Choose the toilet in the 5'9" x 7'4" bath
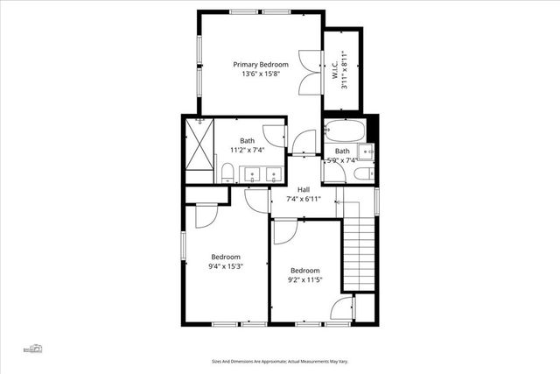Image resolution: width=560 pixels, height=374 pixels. coord(361,174)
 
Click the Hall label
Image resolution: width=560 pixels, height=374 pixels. coord(304,189)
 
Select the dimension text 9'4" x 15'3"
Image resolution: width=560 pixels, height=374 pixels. coord(225,266)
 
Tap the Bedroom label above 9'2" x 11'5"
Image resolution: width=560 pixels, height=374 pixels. coord(304,271)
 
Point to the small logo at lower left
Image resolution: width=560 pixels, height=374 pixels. coord(34,348)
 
